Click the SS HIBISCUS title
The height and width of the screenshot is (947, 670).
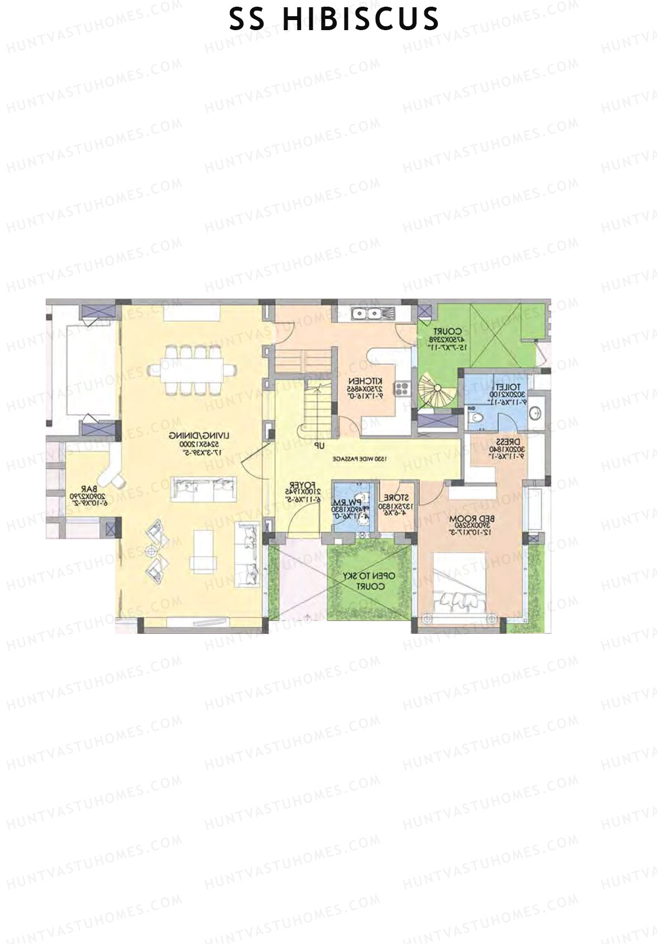pyautogui.click(x=334, y=19)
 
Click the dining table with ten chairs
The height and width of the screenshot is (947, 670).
pyautogui.click(x=192, y=369)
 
